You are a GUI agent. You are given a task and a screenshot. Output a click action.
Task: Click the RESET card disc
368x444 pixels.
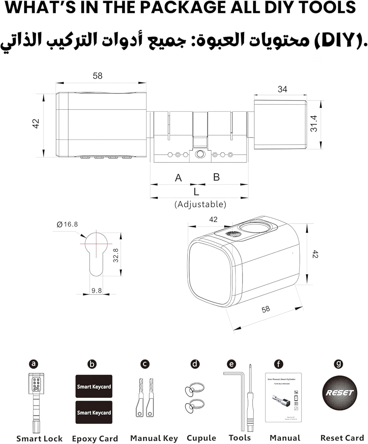point(339,393)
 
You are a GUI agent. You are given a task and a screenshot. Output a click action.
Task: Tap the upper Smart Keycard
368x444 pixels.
point(94,386)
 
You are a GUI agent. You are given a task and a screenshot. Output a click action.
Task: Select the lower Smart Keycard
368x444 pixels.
point(94,412)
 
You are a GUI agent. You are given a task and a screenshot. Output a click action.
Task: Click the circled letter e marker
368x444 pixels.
point(231,364)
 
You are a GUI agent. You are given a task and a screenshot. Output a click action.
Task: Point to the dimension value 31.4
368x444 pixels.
point(314,123)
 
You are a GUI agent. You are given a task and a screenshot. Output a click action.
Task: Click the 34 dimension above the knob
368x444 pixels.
point(282,89)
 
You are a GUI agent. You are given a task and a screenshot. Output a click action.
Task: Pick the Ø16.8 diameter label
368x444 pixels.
point(67,224)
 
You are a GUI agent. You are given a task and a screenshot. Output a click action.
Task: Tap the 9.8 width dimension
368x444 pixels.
point(97,291)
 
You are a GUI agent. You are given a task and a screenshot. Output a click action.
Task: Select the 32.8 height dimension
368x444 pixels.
point(116,255)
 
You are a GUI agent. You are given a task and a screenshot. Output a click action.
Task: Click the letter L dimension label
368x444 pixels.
point(196,192)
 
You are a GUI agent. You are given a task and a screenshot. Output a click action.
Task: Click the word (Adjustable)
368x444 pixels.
point(200,204)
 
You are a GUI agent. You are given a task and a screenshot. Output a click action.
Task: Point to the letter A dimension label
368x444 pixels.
point(178,178)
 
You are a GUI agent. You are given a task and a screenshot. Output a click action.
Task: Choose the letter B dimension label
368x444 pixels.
point(216,177)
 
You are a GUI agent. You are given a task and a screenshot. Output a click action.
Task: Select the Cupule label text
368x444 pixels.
point(201,438)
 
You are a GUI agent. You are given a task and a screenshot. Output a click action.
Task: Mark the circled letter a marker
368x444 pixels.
point(34,364)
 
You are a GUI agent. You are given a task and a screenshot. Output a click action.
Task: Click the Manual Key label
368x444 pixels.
point(154,438)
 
